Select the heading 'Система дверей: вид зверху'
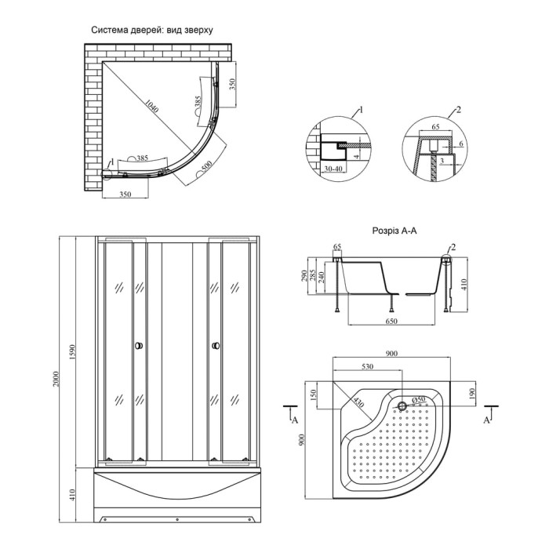[x=152, y=30]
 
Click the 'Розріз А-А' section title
[x=394, y=231]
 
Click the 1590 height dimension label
[x=72, y=352]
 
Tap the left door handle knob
[x=139, y=346]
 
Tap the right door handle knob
[x=216, y=346]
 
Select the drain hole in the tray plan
[x=402, y=406]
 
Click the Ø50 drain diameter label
[x=418, y=399]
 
